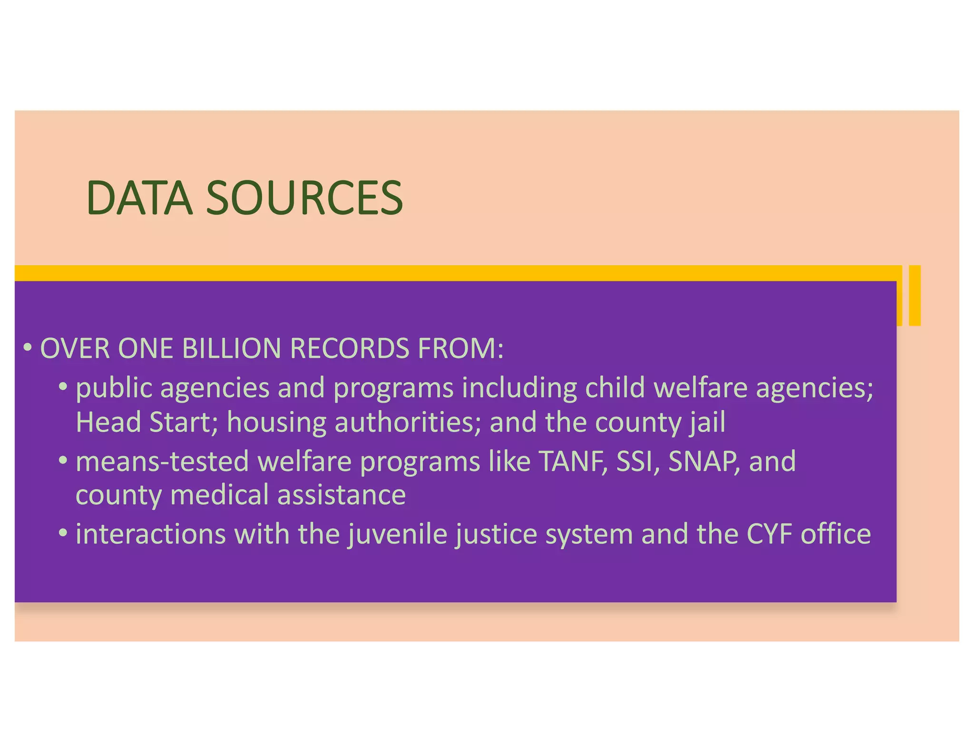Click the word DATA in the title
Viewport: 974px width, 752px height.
coord(139,198)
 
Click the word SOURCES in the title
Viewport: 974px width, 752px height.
coord(304,198)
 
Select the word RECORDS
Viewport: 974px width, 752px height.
coord(349,348)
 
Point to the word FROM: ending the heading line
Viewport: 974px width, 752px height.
coord(460,348)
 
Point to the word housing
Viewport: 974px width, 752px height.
coord(276,423)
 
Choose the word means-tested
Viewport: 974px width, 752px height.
coord(162,461)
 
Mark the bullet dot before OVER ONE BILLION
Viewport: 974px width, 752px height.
coord(28,348)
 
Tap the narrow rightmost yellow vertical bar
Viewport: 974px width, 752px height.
coord(915,295)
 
